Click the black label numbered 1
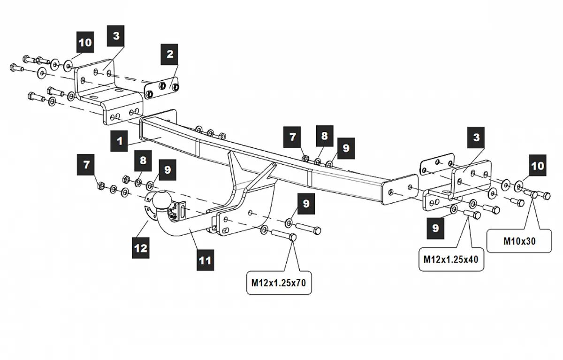(x=120, y=141)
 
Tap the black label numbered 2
(x=170, y=54)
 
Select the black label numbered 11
(x=205, y=260)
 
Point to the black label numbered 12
(x=141, y=248)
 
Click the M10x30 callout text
(x=519, y=241)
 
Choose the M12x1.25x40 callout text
(x=451, y=259)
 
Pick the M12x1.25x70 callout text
(x=279, y=283)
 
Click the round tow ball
(x=161, y=201)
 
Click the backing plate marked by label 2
(x=162, y=87)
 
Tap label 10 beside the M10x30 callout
(x=537, y=166)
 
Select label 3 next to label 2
(x=116, y=36)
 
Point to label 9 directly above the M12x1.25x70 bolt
(x=306, y=203)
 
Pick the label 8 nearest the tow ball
(x=143, y=161)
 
